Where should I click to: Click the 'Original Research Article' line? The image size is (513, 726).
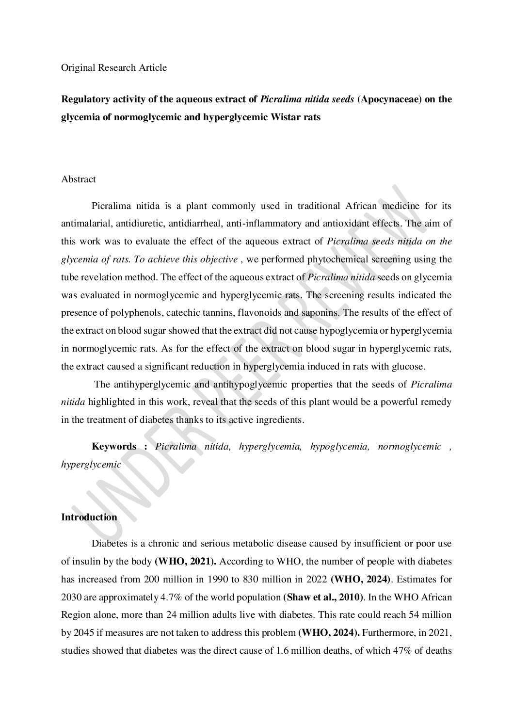pyautogui.click(x=113, y=68)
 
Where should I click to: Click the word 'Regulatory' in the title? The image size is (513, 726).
pyautogui.click(x=84, y=100)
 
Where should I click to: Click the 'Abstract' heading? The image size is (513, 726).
pyautogui.click(x=78, y=179)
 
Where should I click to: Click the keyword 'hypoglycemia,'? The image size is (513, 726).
pyautogui.click(x=339, y=447)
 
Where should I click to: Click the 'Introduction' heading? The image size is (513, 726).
pyautogui.click(x=89, y=517)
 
